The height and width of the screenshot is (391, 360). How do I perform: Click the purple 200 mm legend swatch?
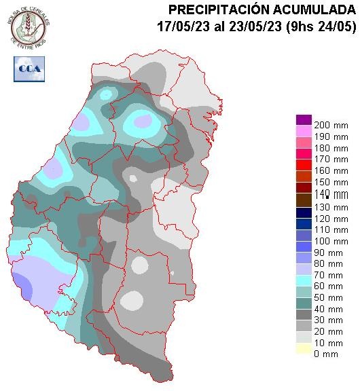pyautogui.click(x=303, y=119)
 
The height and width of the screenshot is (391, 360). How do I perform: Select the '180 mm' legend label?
pyautogui.click(x=327, y=149)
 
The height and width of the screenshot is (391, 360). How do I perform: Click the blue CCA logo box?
pyautogui.click(x=29, y=68)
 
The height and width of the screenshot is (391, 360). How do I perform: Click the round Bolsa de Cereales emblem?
pyautogui.click(x=29, y=26)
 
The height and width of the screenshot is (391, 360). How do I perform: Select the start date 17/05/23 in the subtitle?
pyautogui.click(x=179, y=26)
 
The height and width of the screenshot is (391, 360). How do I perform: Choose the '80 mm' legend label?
pyautogui.click(x=327, y=259)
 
